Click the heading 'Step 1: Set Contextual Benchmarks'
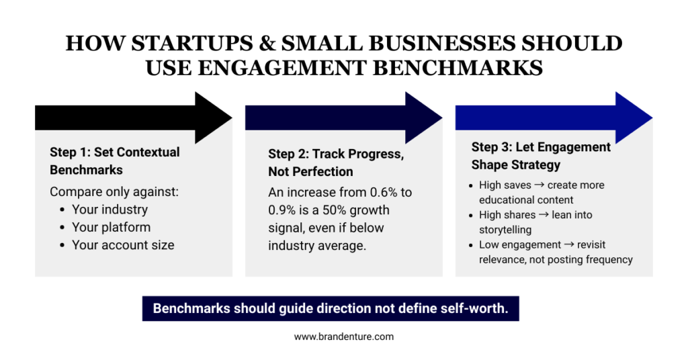click(x=115, y=161)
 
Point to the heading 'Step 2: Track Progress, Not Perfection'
click(x=336, y=163)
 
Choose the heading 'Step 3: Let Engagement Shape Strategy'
click(x=541, y=156)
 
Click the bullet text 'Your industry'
click(x=110, y=210)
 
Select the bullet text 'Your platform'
click(x=111, y=227)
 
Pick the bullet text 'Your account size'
click(x=123, y=245)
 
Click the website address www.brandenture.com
click(x=343, y=336)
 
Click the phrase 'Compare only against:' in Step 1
click(x=114, y=192)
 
